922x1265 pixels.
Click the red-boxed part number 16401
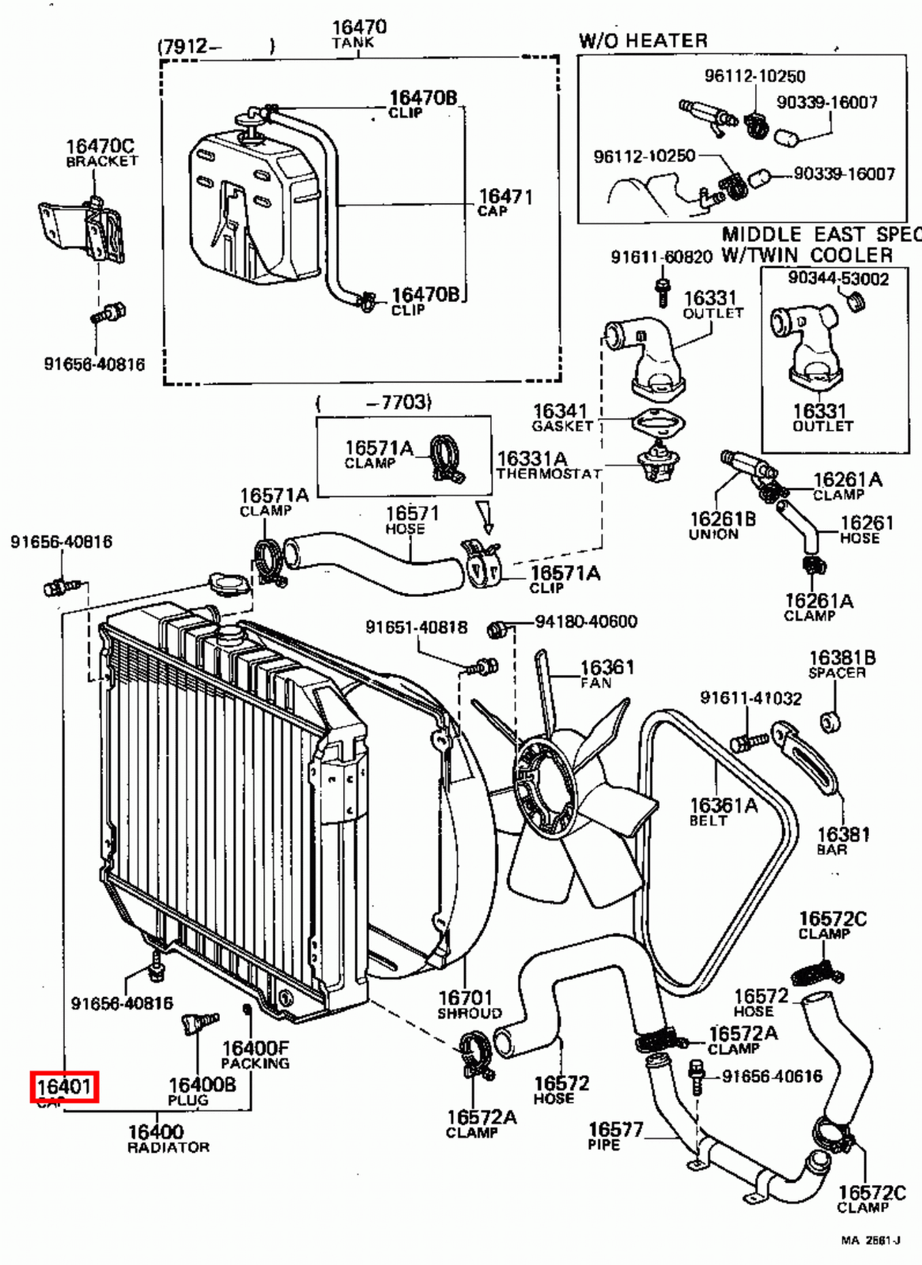(x=64, y=1087)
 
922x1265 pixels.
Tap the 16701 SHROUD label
(x=470, y=1004)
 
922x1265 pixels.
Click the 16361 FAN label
(x=606, y=673)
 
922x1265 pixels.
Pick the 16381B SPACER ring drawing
(x=831, y=721)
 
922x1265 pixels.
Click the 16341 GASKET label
(x=561, y=417)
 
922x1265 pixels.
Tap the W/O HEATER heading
(x=643, y=41)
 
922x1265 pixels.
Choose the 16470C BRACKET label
(x=100, y=152)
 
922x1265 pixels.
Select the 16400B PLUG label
(x=202, y=1091)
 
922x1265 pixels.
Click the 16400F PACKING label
(x=255, y=1055)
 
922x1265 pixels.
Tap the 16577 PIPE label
(x=614, y=1136)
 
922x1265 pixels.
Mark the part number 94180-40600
(x=585, y=621)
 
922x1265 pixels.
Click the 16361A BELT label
(x=723, y=811)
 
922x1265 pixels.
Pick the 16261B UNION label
(x=722, y=525)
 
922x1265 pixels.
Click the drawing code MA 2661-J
(x=870, y=1240)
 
